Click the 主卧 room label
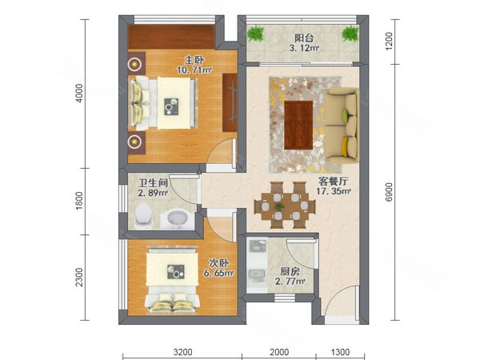pos(194,60)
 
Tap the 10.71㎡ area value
pos(194,70)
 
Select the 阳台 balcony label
pos(304,38)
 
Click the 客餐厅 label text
pos(333,182)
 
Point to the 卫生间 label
pos(153,183)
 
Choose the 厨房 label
pos(290,271)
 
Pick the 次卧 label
pos(219,263)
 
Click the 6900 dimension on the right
pos(389,192)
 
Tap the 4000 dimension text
pos(79,94)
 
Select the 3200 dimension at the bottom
pos(182,352)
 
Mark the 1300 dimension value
pos(340,352)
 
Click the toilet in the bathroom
pos(143,217)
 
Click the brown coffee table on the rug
pos(298,125)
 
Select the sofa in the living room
pos(342,126)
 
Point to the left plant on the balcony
pos(256,34)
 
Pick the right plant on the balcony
pos(350,34)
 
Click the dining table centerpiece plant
pos(279,206)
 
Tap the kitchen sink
pos(257,274)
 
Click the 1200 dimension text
pos(389,42)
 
